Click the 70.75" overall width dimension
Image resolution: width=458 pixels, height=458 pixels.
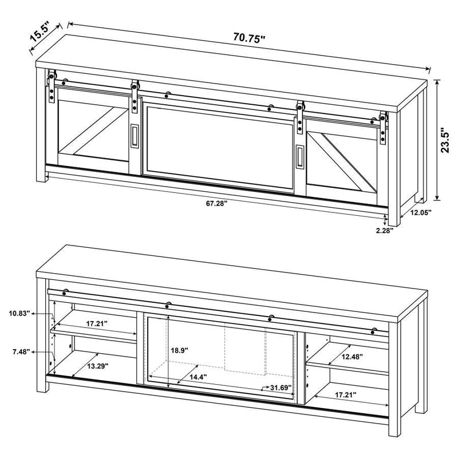[250, 39]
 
